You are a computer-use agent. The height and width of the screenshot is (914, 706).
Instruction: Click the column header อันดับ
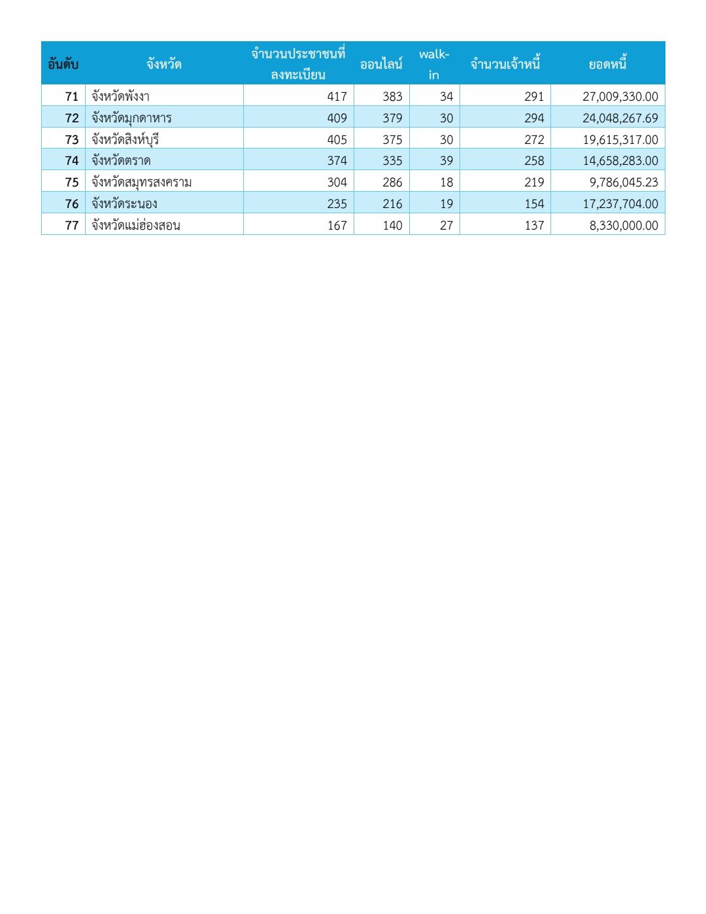(63, 64)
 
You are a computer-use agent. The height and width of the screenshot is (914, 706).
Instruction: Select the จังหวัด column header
(163, 64)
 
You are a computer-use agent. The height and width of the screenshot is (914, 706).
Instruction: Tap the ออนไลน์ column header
(381, 64)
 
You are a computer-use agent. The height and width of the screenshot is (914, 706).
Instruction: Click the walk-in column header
(434, 64)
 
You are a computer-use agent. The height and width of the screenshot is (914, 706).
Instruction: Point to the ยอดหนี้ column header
(607, 64)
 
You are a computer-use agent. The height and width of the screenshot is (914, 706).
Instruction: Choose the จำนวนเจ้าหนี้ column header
(505, 64)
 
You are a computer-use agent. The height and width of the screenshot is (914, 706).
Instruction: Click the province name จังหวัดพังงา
(121, 96)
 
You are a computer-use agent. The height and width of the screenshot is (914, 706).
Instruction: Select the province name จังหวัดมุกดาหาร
(131, 118)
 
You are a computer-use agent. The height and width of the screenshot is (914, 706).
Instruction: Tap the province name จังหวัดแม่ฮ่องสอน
(136, 225)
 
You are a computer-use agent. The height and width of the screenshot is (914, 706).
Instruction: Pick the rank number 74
(72, 160)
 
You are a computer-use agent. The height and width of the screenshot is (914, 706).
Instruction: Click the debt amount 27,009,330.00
(620, 96)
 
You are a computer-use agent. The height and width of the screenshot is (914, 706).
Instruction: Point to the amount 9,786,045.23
(624, 182)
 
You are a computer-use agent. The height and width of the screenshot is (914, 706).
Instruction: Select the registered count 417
(337, 96)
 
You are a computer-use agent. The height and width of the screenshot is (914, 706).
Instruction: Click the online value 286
(392, 182)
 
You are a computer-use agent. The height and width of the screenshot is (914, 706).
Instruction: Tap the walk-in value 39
(446, 160)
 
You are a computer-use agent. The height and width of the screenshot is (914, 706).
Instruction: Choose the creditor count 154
(534, 203)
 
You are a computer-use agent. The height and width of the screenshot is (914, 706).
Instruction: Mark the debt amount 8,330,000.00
(624, 225)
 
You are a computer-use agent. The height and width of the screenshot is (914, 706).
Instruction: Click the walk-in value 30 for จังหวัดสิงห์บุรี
(446, 139)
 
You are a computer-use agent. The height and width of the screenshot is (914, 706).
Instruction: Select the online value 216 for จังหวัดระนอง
(392, 203)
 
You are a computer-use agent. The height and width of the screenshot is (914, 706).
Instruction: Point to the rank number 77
(72, 225)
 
